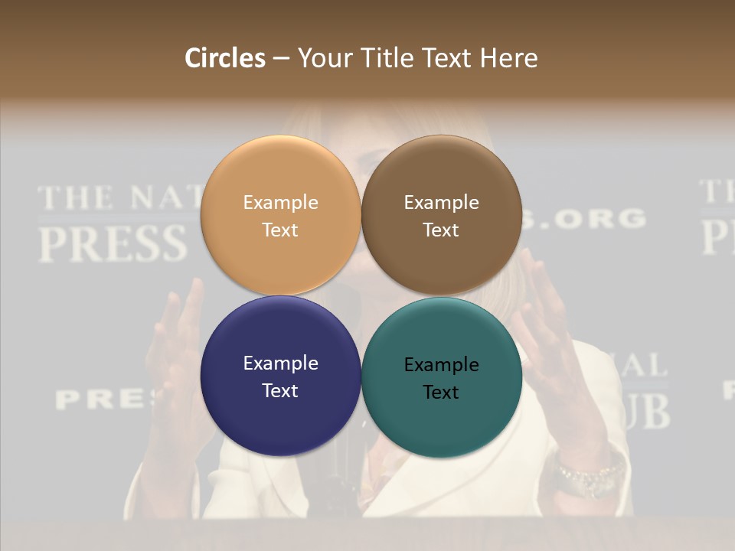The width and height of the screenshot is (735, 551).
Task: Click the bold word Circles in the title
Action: [x=224, y=58]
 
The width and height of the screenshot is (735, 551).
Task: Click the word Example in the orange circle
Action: [x=280, y=202]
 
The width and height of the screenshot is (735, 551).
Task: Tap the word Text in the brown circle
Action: [x=441, y=230]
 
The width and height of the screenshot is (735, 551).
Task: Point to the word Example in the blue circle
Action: [x=280, y=363]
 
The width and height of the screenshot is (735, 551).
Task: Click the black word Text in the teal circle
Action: [x=441, y=392]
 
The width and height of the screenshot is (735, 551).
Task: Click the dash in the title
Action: [x=281, y=58]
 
